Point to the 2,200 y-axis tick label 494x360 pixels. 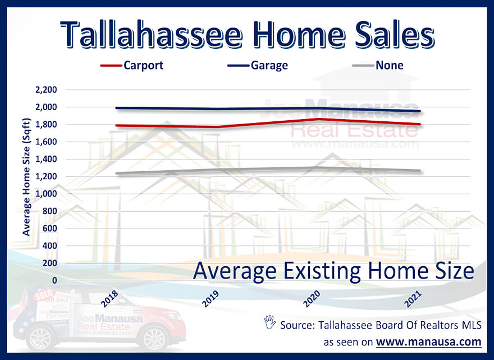click(x=46, y=90)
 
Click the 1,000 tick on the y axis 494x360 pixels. click(x=46, y=194)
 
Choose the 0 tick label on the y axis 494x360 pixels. click(x=54, y=280)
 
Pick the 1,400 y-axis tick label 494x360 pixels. click(x=46, y=159)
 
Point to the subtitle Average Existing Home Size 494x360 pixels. click(x=333, y=271)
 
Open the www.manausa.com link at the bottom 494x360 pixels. click(x=428, y=341)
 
